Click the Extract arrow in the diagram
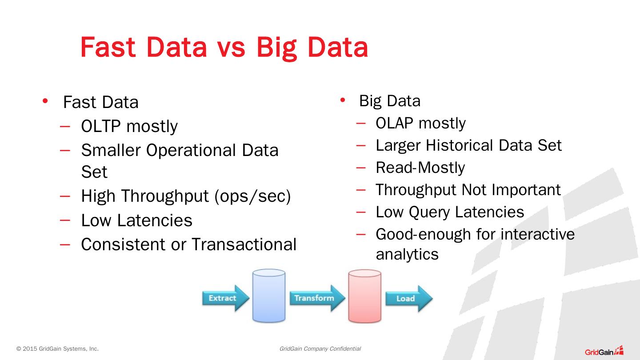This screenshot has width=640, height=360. tap(225, 298)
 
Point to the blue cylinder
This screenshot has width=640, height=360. tap(269, 296)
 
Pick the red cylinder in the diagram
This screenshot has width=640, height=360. tap(364, 296)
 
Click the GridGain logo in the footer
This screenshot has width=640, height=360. tap(604, 351)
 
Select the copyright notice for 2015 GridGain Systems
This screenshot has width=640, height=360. tap(57, 349)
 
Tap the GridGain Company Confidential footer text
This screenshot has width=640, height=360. tap(320, 349)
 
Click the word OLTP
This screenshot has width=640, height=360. tap(101, 127)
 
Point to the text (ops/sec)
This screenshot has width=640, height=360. tap(252, 196)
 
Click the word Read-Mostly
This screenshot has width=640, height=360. tap(420, 168)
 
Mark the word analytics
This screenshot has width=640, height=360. tap(407, 254)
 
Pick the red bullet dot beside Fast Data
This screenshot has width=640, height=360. tap(45, 101)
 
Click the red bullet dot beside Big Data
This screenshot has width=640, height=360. tap(342, 100)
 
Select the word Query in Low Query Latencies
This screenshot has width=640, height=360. tap(429, 212)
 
